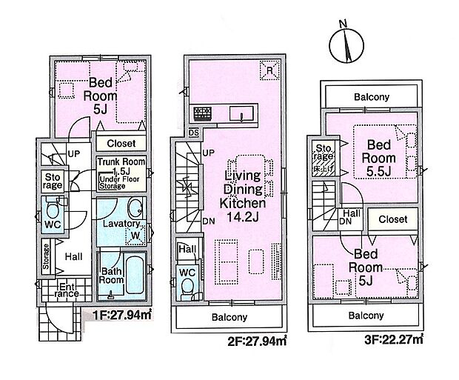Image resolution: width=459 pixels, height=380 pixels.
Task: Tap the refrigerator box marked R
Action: (x=269, y=70)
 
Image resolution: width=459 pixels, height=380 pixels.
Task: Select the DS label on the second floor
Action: (x=194, y=133)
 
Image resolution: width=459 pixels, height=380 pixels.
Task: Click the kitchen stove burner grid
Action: (x=203, y=113)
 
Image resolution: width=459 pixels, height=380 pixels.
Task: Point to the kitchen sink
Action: (x=241, y=113)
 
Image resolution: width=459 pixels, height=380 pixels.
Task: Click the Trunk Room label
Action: (x=121, y=161)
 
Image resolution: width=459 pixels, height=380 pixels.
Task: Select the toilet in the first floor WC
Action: (x=53, y=208)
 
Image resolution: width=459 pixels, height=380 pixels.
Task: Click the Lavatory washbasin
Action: (x=135, y=207)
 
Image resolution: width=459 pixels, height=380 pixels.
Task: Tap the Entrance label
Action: (x=67, y=290)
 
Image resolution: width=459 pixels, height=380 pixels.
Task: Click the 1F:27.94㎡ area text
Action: (x=121, y=315)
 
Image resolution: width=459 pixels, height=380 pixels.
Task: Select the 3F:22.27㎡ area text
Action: (x=394, y=339)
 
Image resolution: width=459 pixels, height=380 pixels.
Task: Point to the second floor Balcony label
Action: (x=229, y=317)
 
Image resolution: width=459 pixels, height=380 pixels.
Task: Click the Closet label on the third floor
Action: (x=393, y=219)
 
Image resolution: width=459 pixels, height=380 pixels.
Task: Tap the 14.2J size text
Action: (x=243, y=217)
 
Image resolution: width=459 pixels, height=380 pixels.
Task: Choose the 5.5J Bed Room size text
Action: (x=379, y=172)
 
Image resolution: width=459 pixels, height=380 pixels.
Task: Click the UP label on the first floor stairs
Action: (x=74, y=153)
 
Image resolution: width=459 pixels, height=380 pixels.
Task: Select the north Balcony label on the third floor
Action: (x=372, y=97)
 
